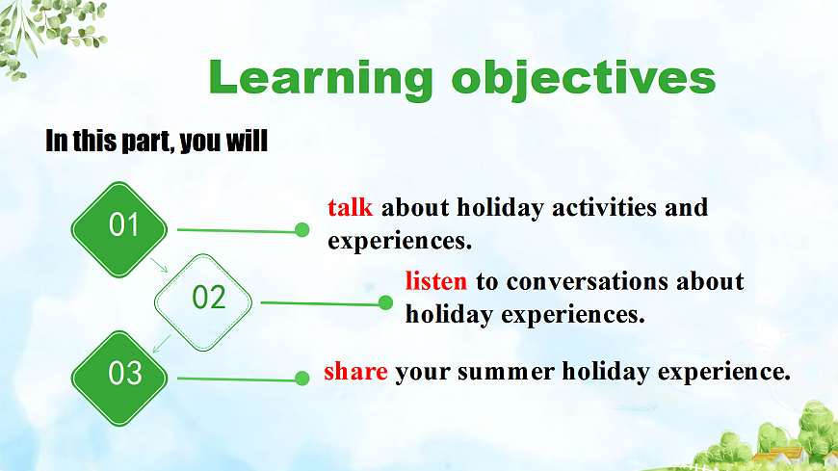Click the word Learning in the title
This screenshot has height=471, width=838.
click(x=320, y=79)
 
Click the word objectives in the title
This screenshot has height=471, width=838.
click(x=584, y=79)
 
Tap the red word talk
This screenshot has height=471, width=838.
click(x=350, y=207)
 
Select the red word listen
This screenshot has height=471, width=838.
click(x=436, y=281)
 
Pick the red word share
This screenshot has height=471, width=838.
click(x=356, y=371)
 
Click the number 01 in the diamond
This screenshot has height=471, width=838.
click(x=124, y=224)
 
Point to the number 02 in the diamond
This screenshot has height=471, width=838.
click(x=208, y=298)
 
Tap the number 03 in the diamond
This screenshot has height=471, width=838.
click(x=125, y=373)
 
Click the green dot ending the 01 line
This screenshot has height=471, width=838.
click(x=301, y=230)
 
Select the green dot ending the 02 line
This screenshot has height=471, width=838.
click(x=385, y=303)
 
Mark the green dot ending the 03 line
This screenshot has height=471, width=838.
click(x=301, y=379)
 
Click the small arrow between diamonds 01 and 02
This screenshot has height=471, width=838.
click(x=159, y=265)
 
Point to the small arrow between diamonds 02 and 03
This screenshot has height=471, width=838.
click(x=162, y=344)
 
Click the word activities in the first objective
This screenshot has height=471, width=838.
click(x=604, y=207)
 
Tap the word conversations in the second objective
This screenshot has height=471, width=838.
click(x=588, y=282)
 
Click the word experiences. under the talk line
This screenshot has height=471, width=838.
click(x=400, y=241)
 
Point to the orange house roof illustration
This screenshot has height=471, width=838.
click(x=776, y=456)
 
